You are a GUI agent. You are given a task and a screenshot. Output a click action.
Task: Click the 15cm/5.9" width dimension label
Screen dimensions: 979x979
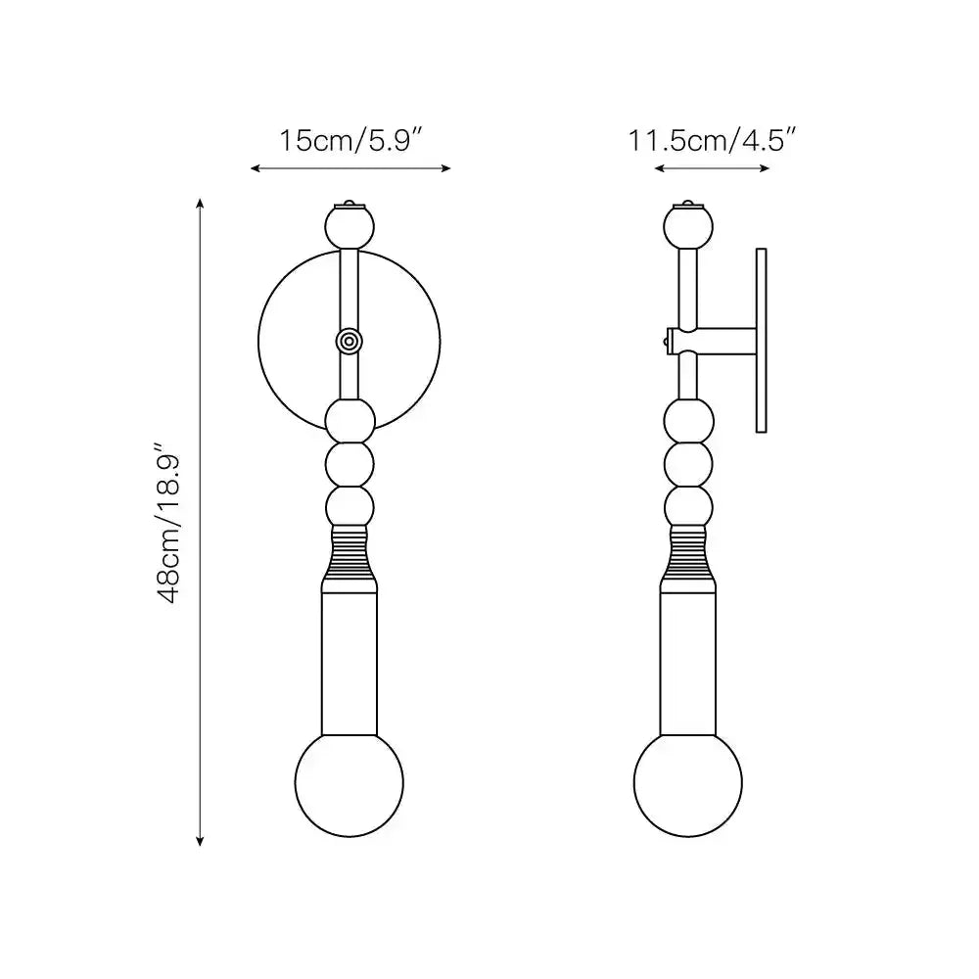(x=350, y=140)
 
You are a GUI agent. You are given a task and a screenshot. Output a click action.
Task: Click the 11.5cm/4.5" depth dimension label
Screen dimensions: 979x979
(x=710, y=140)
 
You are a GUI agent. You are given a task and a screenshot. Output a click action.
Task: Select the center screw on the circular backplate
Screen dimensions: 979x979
(x=349, y=340)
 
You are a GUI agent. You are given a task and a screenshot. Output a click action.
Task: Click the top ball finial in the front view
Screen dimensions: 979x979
(x=350, y=227)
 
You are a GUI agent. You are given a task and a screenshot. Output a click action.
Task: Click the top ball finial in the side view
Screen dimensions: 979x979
(x=687, y=227)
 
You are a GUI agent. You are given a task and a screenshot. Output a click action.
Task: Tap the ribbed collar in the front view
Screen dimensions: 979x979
(x=350, y=554)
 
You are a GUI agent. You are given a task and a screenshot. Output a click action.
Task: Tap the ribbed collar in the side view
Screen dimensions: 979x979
(x=687, y=554)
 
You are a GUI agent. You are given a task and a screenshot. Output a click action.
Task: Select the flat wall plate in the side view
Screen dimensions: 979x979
(x=761, y=340)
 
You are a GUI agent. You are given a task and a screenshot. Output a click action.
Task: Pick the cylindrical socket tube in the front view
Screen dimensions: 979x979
(x=350, y=661)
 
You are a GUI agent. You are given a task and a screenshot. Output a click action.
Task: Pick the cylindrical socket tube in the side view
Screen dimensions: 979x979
(x=687, y=661)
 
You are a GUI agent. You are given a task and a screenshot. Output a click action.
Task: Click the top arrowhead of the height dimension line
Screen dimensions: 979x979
(x=201, y=203)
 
